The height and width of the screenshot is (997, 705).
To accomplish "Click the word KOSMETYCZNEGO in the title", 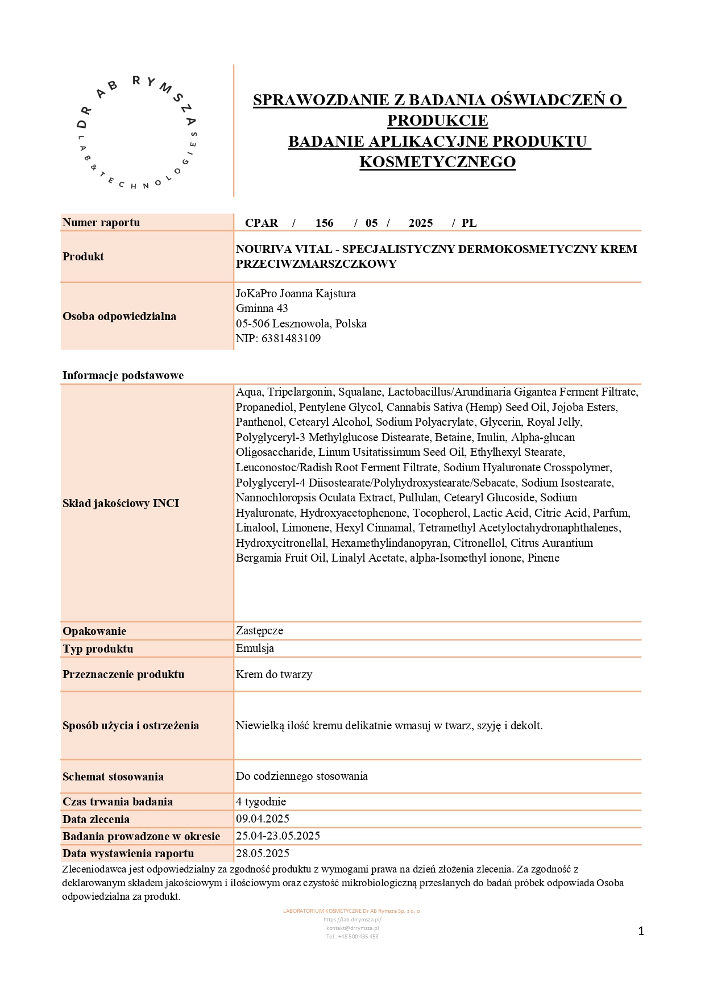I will point(437,162).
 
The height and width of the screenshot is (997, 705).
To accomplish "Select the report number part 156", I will point(324,223).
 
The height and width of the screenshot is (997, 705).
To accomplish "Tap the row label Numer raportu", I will point(101,223).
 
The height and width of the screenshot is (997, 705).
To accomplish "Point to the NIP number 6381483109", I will point(291,339).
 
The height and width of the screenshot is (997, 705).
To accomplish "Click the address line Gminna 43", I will point(262,309).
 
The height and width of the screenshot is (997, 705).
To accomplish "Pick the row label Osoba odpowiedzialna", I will point(119,317).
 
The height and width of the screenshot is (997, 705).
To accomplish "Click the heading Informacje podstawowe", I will point(123,375).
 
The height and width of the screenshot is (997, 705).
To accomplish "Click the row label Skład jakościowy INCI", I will point(121,504).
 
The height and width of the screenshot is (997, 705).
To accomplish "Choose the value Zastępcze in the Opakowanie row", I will point(259,631).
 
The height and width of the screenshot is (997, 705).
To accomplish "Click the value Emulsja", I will point(255,649).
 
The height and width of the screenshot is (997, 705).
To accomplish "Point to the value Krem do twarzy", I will point(274,675).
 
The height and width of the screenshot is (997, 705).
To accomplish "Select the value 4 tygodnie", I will point(261,802).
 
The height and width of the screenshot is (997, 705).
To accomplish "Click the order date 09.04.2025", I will point(263,819).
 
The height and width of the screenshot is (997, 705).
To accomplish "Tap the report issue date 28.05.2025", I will point(263,854).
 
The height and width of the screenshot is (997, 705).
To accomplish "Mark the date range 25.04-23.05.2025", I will point(278,836).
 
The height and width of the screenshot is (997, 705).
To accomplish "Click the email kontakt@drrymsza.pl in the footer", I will point(353,928).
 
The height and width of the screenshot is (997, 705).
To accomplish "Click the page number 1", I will point(641,931).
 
